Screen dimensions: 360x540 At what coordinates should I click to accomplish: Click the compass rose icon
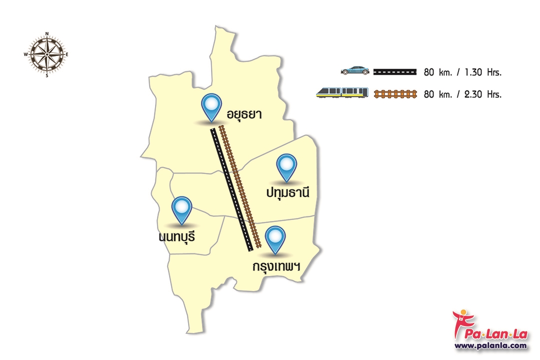point(46,54)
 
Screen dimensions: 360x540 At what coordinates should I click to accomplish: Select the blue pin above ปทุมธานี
point(286,166)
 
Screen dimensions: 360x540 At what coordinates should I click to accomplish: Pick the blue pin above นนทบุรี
point(181,208)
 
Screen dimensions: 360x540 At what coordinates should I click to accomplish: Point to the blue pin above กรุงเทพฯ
point(275,238)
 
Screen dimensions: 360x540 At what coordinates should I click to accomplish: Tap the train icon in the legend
point(342,92)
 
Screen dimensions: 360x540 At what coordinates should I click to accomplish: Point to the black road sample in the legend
point(395,71)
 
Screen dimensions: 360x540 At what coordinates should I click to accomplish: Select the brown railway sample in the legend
point(395,93)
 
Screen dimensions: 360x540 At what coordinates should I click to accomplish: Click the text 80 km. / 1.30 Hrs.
point(462,72)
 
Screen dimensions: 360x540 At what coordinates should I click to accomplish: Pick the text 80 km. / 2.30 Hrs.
point(462,93)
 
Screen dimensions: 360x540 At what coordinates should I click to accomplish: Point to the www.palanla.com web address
point(491,345)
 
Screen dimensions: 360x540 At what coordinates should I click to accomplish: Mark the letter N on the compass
point(46,34)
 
